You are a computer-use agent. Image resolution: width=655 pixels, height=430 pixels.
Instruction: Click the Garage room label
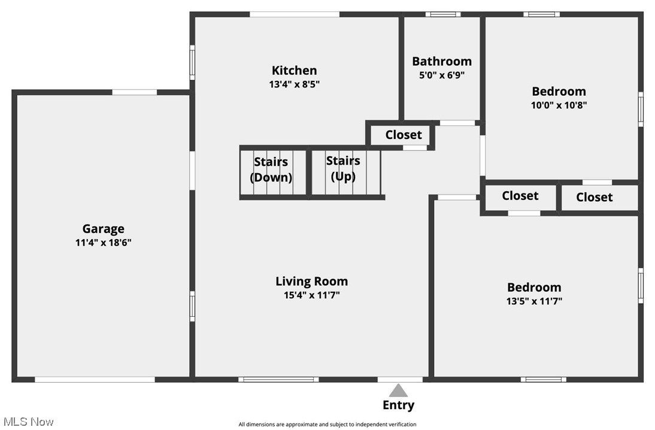[x=104, y=229]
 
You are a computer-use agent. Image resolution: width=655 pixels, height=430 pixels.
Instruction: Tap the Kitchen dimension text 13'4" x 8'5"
[x=294, y=84]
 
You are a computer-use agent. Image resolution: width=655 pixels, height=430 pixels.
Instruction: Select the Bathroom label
[x=442, y=61]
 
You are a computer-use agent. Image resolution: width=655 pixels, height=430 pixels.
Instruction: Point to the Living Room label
[x=311, y=281]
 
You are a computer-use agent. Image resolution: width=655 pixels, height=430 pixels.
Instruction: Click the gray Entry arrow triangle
[x=398, y=391]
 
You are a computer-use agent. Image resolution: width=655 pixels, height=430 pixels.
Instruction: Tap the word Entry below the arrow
[x=398, y=405]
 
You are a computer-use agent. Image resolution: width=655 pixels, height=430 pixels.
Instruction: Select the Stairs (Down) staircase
[x=271, y=172]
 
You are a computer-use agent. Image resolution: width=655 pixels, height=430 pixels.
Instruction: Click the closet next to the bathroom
[x=403, y=135]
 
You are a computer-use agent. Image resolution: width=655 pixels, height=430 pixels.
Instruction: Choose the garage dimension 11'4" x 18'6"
[x=104, y=243]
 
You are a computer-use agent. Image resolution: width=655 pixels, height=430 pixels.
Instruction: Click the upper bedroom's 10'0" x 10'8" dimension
[x=559, y=105]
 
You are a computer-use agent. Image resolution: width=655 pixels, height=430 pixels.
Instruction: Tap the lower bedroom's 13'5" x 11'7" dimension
[x=534, y=301]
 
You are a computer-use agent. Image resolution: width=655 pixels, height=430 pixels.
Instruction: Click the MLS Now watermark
[x=27, y=422]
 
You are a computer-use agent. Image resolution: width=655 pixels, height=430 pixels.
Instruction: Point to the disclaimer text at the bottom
[x=327, y=425]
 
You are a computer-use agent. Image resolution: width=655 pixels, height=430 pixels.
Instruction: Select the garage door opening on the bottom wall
[x=95, y=379]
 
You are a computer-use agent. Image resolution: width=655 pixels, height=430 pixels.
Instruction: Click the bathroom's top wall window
[x=443, y=14]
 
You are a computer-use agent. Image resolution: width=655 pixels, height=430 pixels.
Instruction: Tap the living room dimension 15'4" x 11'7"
[x=311, y=295]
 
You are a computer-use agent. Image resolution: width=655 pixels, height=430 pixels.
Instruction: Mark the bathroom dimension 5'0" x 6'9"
[x=442, y=75]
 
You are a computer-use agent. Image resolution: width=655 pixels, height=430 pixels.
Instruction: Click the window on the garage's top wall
[x=135, y=92]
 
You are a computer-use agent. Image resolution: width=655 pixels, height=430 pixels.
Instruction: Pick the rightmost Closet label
[x=595, y=197]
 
